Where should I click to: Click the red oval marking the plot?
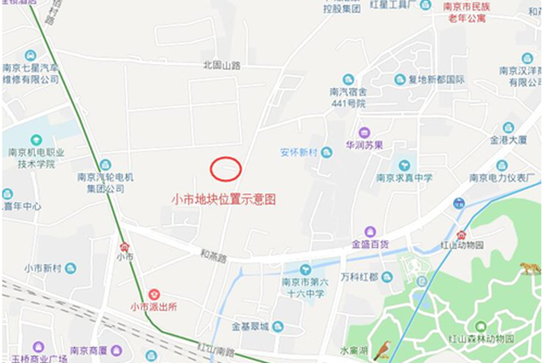(226, 169)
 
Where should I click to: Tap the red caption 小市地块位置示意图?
(224, 199)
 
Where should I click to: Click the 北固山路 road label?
(221, 64)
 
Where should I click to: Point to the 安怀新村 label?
(299, 153)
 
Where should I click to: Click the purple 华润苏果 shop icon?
(364, 132)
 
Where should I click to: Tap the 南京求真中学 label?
(404, 178)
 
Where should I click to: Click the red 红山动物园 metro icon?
(462, 234)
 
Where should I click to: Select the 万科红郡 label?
(359, 277)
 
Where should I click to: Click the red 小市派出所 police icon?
(153, 293)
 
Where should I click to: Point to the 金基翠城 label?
(250, 326)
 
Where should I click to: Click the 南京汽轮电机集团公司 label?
(100, 182)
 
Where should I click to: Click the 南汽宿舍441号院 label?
(348, 97)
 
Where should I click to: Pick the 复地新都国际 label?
(436, 79)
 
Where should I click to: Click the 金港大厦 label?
(508, 139)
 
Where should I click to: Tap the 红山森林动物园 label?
(482, 339)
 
